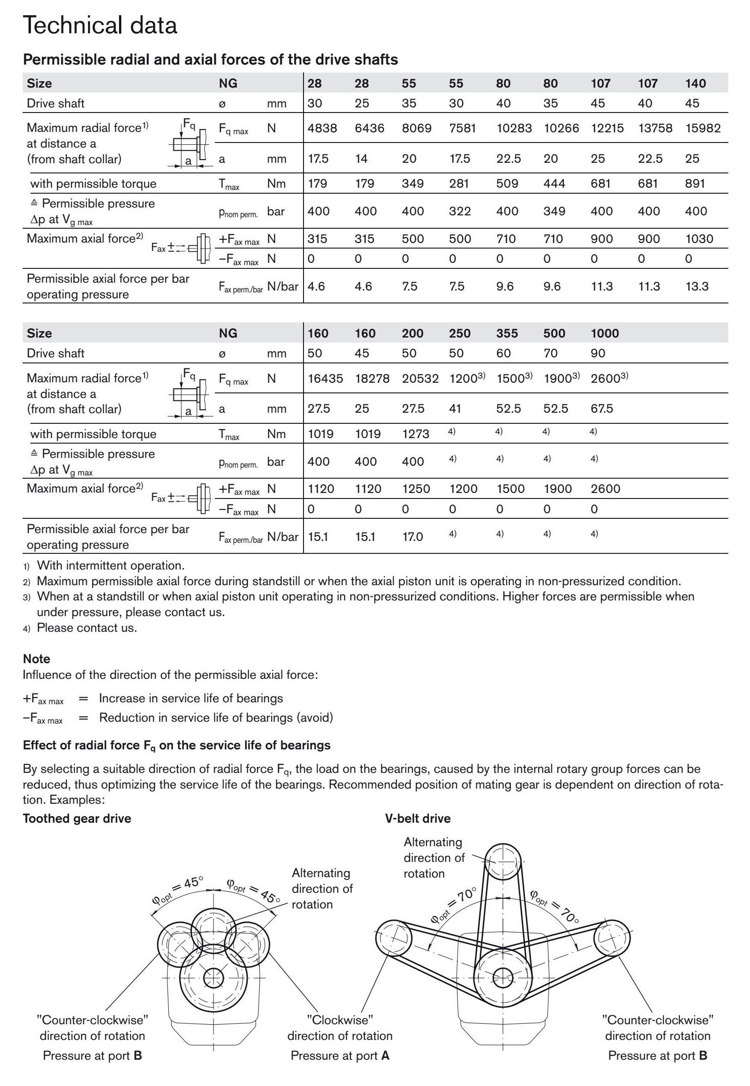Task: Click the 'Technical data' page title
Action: click(100, 25)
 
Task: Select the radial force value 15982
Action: click(702, 128)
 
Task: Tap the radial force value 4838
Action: click(322, 128)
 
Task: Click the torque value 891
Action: click(695, 183)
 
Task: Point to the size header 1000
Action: click(604, 333)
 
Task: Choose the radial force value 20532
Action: click(420, 378)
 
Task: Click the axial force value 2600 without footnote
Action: click(605, 488)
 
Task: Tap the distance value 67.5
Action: click(601, 408)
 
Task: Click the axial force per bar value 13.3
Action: click(696, 286)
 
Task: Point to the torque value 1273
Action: click(416, 433)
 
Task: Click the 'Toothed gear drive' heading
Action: click(77, 818)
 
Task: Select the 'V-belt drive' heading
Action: click(417, 818)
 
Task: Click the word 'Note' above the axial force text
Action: click(36, 659)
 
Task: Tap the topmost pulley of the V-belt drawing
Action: click(502, 862)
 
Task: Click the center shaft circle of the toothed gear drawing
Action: click(214, 978)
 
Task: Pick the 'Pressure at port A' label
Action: click(340, 1056)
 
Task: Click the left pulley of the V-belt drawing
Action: click(394, 938)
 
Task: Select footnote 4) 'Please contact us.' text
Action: click(87, 628)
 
